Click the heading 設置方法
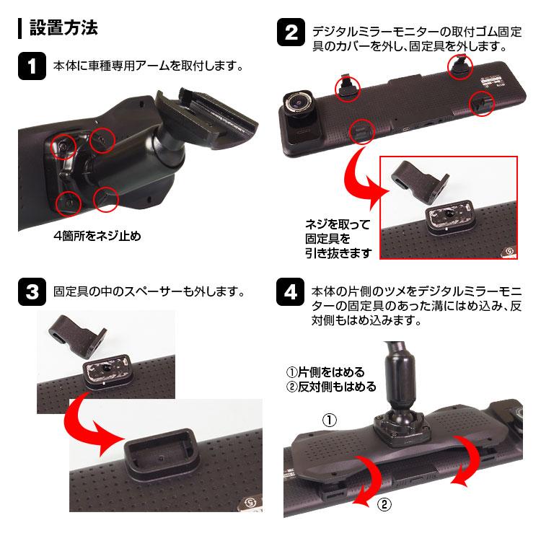[x=63, y=27]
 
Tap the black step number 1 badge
[x=32, y=66]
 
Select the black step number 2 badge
[x=291, y=32]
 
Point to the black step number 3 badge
[x=32, y=292]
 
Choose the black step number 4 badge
[x=291, y=292]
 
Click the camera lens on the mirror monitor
[x=298, y=102]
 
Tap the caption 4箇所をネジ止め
[x=97, y=236]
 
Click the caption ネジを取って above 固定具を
[x=338, y=224]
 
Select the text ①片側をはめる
[x=325, y=372]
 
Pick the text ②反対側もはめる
[x=331, y=387]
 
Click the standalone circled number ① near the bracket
[x=329, y=420]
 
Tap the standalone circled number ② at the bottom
[x=384, y=504]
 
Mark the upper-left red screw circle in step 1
[x=63, y=147]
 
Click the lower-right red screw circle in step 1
[x=105, y=199]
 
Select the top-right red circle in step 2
[x=460, y=66]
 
